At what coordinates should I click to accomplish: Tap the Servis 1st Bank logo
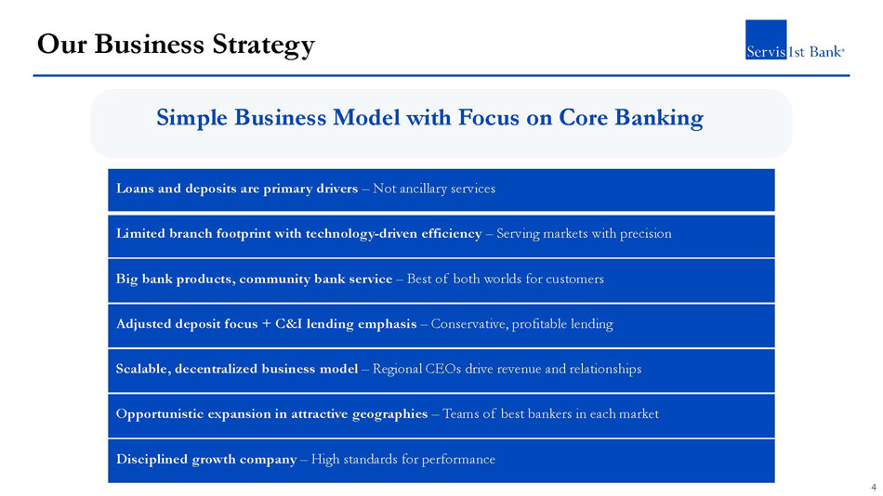[x=795, y=39]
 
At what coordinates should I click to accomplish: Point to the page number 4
[x=874, y=488]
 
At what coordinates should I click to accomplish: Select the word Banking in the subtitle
[x=658, y=118]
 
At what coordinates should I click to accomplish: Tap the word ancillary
[x=423, y=189]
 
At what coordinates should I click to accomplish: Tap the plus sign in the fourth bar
[x=266, y=324]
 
